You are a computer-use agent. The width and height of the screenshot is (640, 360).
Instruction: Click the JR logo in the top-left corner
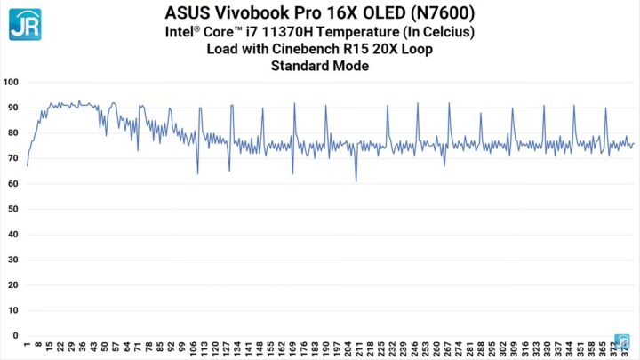[x=24, y=24]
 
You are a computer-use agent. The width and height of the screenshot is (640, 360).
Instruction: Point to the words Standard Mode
[x=320, y=66]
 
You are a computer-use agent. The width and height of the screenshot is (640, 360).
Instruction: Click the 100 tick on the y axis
[x=11, y=82]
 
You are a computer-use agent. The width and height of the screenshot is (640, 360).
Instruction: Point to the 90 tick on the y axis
[x=12, y=108]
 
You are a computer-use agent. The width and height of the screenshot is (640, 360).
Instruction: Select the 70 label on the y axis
[x=12, y=158]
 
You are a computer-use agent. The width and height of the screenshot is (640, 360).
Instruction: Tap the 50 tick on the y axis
[x=12, y=209]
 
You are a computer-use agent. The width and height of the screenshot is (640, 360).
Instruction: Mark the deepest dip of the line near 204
[x=356, y=181]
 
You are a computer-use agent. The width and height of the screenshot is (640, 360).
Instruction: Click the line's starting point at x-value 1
[x=28, y=165]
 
